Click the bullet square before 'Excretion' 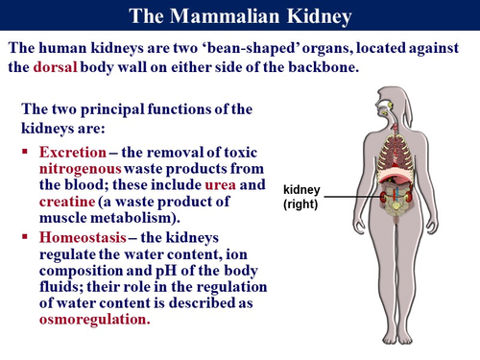coord(26,153)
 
